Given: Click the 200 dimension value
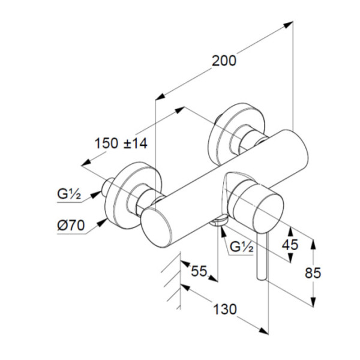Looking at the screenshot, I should coord(224,61).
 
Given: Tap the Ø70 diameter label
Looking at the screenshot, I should coord(70,226).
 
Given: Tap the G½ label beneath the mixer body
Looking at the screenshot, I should coord(242,246).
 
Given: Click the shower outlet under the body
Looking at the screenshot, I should coord(220,221).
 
